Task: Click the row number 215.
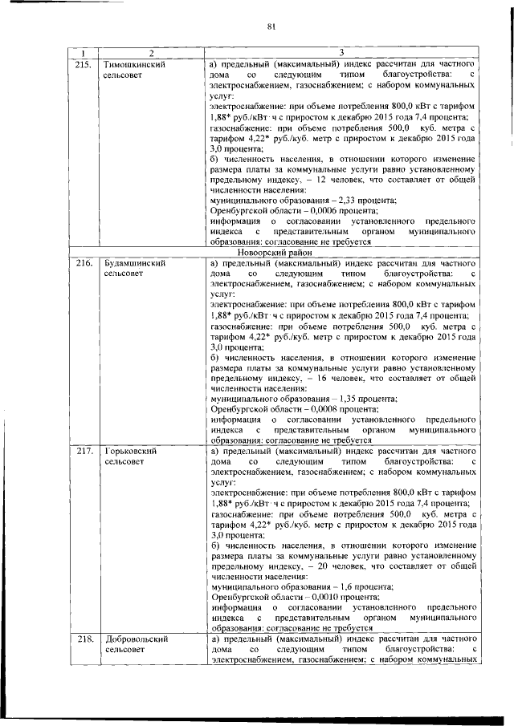point(84,63)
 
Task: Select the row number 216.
point(84,263)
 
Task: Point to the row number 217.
point(84,452)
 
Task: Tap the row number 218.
point(84,639)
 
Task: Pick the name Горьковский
point(129,452)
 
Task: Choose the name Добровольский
point(136,639)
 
